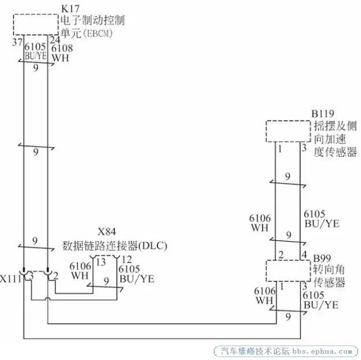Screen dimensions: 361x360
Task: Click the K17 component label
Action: click(70, 9)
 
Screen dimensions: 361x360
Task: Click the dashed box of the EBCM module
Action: click(36, 14)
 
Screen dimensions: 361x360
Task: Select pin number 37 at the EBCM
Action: click(17, 42)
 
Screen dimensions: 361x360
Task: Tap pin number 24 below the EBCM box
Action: click(55, 40)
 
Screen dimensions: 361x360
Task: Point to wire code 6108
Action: click(62, 48)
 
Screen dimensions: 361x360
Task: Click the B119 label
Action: click(322, 114)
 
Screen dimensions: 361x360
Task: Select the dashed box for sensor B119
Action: click(288, 121)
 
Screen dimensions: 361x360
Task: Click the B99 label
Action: click(322, 258)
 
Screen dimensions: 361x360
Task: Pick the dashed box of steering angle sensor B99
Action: click(288, 261)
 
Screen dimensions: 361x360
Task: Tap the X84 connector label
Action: click(107, 232)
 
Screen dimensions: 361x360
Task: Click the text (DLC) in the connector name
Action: click(152, 246)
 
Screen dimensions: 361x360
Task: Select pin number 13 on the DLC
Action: click(101, 262)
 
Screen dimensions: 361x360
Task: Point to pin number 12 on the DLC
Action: click(126, 260)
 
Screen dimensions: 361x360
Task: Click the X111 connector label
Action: click(10, 279)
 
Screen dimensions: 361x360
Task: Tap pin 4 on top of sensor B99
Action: click(304, 254)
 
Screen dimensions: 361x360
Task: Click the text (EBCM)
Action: click(98, 33)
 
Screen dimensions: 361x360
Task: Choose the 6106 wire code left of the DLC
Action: click(80, 266)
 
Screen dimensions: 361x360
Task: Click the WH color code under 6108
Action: click(60, 58)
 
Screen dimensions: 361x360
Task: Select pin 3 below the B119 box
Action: click(304, 148)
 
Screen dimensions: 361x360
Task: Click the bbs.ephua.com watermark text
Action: click(322, 351)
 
